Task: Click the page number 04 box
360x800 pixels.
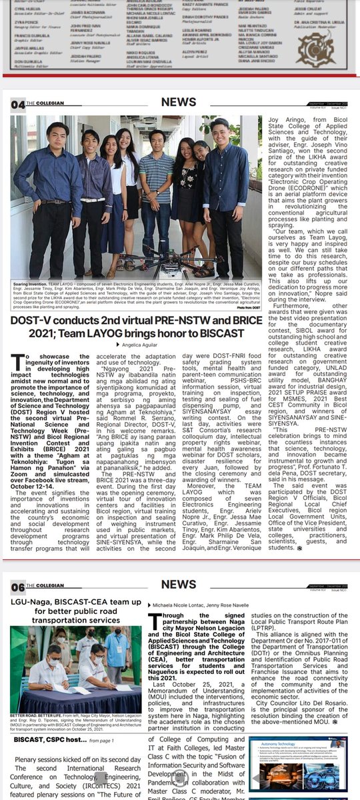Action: [16, 105]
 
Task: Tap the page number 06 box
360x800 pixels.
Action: [16, 587]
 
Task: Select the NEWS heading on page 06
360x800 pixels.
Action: [179, 585]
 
